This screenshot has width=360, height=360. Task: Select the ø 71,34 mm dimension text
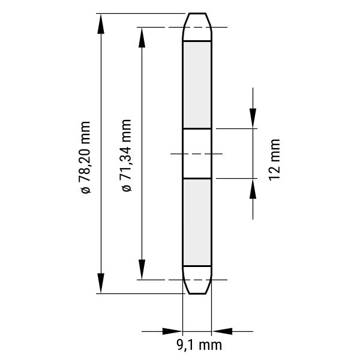(x=126, y=155)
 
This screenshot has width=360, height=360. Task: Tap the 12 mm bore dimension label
(x=275, y=160)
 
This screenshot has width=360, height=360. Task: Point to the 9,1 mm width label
(x=199, y=344)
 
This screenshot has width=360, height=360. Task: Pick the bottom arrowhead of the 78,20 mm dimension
(x=101, y=283)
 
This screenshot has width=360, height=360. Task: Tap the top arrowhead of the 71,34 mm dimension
(x=142, y=37)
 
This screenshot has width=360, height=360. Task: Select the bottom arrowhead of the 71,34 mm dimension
(x=142, y=269)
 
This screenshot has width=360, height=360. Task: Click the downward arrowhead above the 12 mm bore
(x=253, y=118)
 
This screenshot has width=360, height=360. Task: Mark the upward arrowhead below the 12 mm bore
(x=253, y=188)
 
